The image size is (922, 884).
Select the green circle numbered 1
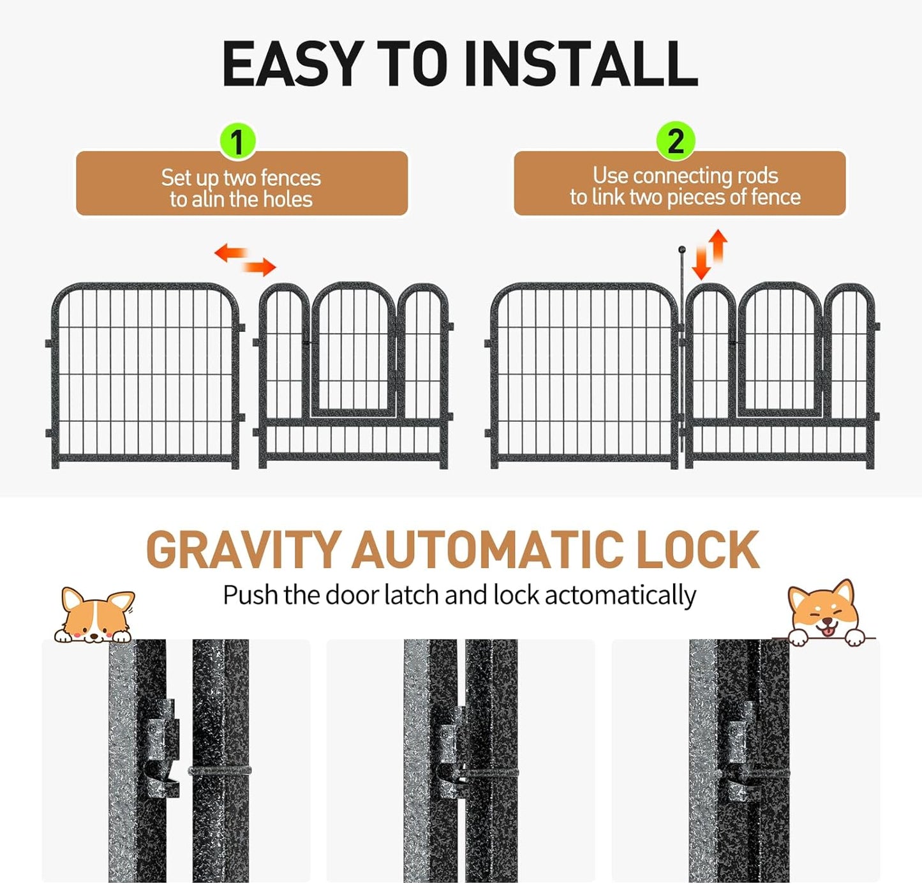(237, 141)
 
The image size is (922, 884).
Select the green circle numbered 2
(675, 141)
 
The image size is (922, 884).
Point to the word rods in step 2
(757, 176)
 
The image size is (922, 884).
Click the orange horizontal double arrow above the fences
(245, 259)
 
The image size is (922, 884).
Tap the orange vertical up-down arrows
(710, 254)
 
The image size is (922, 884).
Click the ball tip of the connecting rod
(681, 250)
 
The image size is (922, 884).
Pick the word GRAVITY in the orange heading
(243, 550)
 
